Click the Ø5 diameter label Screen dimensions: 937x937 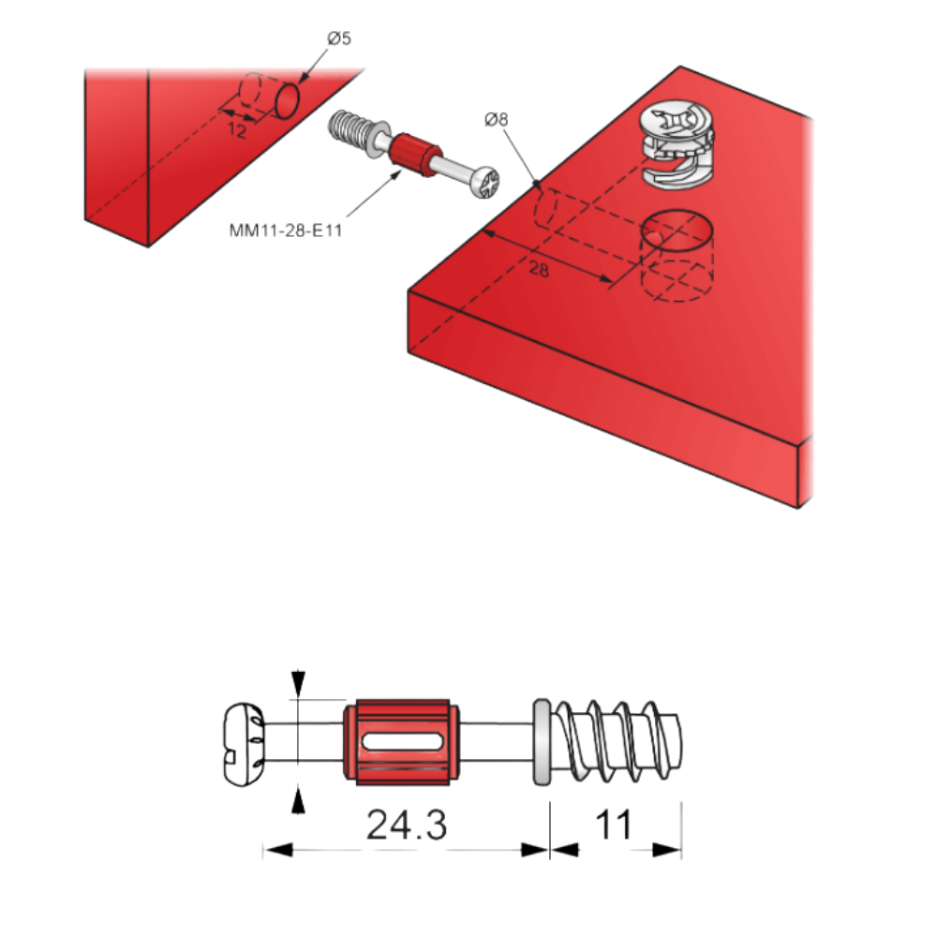pyautogui.click(x=338, y=38)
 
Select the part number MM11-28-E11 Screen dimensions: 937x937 pyautogui.click(x=285, y=230)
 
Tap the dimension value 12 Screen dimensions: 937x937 pyautogui.click(x=237, y=132)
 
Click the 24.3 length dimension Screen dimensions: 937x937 pyautogui.click(x=406, y=825)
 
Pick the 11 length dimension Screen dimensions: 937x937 pyautogui.click(x=614, y=825)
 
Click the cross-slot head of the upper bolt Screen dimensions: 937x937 pyautogui.click(x=487, y=181)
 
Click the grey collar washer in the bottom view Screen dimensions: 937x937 pyautogui.click(x=541, y=740)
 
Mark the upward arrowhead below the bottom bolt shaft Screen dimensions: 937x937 pyautogui.click(x=298, y=798)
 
